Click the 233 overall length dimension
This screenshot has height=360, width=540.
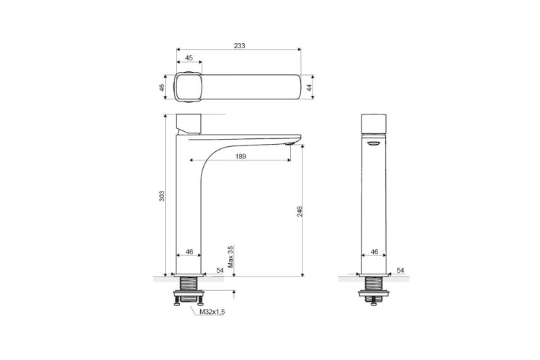pos(239,46)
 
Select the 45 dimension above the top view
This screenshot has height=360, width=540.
pos(189,58)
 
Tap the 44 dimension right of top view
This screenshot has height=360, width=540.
pos(310,87)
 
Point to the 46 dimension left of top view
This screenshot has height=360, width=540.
pos(162,88)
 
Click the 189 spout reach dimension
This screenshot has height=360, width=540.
pos(240,156)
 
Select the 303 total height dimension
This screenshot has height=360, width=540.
pos(162,196)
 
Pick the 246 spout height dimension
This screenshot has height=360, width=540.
pos(300,211)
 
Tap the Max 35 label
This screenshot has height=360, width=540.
pos(230,256)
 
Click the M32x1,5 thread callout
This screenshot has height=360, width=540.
pos(212,312)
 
